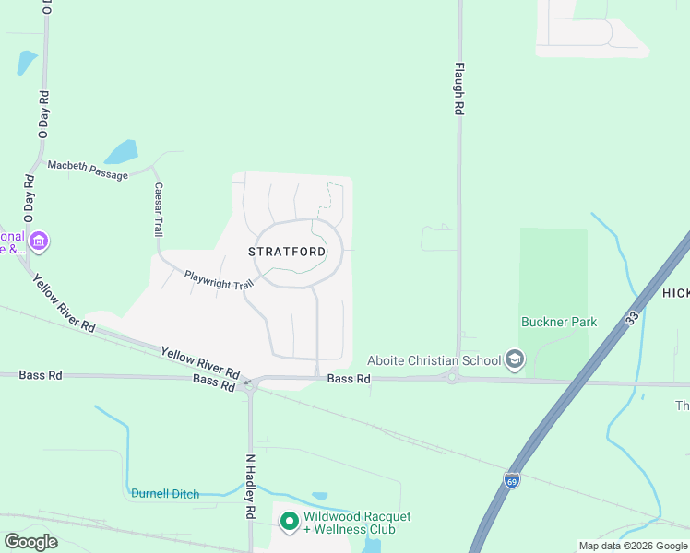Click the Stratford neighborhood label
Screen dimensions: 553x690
[287, 251]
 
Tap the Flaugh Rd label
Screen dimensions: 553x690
[458, 88]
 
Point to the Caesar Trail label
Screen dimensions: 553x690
[159, 210]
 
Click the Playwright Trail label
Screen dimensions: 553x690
[219, 280]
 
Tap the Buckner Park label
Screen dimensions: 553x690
[559, 322]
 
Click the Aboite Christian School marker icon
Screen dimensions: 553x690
[515, 360]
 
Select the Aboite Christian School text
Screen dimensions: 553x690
[433, 360]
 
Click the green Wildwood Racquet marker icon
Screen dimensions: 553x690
[289, 523]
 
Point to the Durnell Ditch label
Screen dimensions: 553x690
[165, 494]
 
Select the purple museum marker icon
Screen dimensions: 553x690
[39, 242]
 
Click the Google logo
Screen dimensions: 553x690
[30, 542]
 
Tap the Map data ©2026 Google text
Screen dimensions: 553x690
[633, 546]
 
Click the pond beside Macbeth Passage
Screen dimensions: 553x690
[121, 151]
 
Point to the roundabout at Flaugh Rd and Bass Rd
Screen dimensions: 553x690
[452, 376]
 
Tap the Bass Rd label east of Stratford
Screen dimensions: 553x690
[349, 379]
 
